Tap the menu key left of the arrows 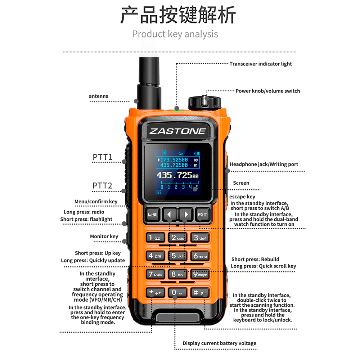(153, 215)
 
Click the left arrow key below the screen (170, 215)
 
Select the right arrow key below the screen (185, 215)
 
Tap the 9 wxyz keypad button (200, 274)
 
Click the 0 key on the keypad (177, 292)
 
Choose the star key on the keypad (156, 292)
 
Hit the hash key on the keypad (200, 292)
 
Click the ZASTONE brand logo (177, 131)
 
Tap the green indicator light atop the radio (178, 111)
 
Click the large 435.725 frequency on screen (177, 175)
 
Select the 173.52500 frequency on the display (174, 159)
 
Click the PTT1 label (102, 157)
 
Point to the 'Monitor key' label (104, 237)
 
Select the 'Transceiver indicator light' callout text (261, 64)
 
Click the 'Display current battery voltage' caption (220, 343)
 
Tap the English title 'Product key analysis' (175, 34)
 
